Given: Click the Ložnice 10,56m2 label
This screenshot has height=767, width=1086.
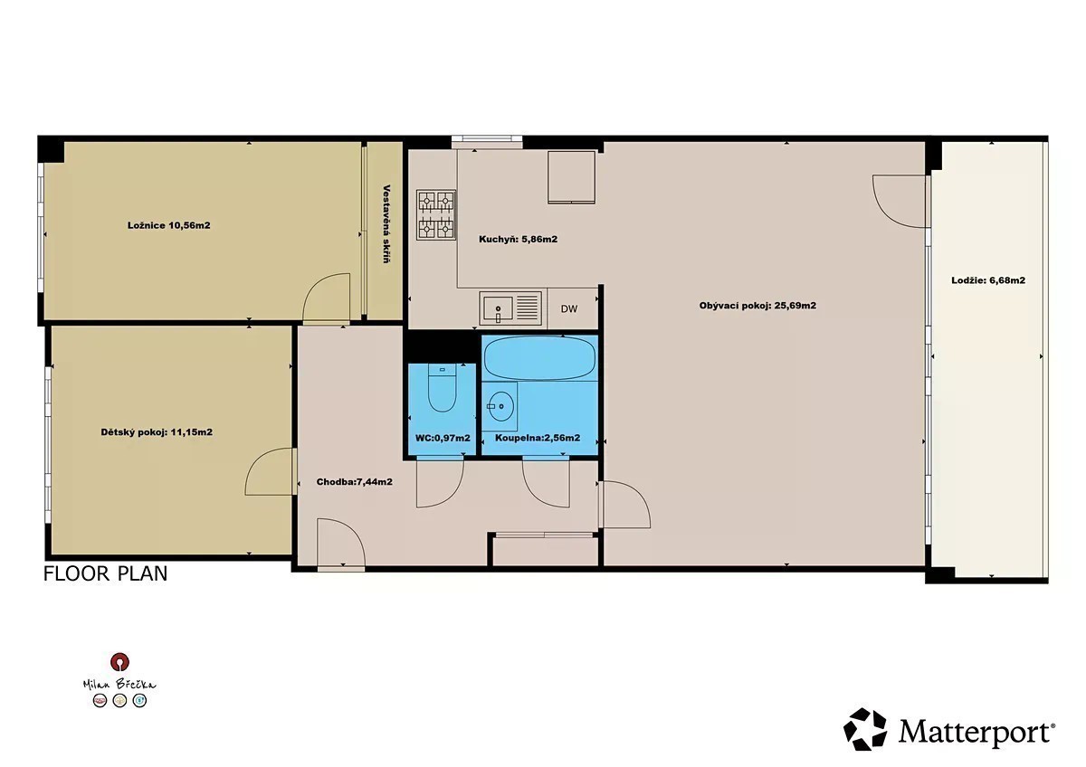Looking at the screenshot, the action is point(168,225).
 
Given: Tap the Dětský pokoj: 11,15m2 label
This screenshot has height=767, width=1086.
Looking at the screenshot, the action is point(157,432).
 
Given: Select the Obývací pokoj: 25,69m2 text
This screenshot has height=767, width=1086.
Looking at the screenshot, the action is point(757,306).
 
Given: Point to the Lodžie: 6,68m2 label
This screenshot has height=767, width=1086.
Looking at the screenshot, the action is point(988,280).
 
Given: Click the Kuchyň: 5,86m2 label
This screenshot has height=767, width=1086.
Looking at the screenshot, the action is point(518,239).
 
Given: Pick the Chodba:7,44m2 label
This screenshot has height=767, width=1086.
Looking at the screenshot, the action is point(355,481).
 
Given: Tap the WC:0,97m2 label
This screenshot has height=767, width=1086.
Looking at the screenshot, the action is point(443,438).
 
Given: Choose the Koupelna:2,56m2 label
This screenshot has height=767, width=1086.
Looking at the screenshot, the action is point(538,438).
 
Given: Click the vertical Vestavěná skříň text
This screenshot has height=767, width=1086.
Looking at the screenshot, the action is point(386,223).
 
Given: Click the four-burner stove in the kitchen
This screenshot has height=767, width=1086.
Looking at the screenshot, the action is point(436,214).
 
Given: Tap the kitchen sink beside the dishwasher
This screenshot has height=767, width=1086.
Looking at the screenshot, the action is point(510,308).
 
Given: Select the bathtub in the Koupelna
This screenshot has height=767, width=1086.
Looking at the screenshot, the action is point(539,358).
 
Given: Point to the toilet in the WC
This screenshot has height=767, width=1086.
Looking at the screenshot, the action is point(443,388).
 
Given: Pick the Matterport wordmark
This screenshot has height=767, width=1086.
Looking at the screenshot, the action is point(976,732).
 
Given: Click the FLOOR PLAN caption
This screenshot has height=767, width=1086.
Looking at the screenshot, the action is point(105,573).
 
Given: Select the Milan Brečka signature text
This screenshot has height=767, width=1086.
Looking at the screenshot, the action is point(119,684).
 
